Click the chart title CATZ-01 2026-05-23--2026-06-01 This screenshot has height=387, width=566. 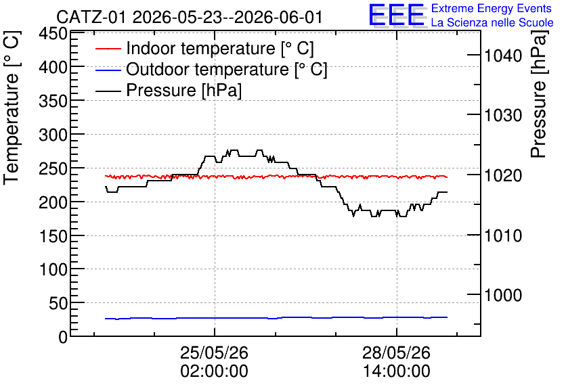point(189,17)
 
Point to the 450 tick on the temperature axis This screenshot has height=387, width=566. point(53,35)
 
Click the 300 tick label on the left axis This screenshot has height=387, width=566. point(53,135)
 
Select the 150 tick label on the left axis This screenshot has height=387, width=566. point(53,237)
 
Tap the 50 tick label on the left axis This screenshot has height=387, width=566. point(58,304)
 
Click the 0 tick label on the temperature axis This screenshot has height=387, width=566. point(63,338)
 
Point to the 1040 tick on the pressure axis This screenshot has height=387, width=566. point(503,55)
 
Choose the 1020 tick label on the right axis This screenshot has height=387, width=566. point(503,176)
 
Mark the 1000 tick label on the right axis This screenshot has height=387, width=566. point(503,295)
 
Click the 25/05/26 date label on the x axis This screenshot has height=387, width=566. point(215,352)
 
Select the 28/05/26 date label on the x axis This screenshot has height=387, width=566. point(396,352)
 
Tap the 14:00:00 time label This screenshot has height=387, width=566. point(396,371)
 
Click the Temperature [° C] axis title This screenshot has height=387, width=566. point(12,108)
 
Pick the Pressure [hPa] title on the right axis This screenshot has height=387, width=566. point(539,94)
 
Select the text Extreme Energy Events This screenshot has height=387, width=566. point(492,8)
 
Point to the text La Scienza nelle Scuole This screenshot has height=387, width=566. point(492,23)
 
